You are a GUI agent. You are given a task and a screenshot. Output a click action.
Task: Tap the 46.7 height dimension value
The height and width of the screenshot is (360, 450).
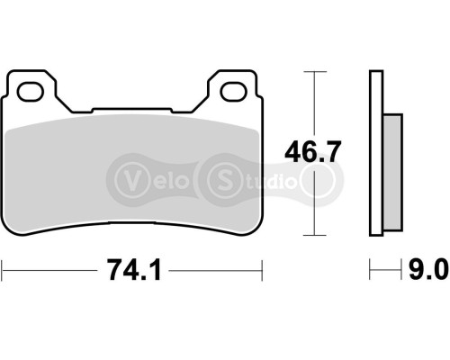click(312, 152)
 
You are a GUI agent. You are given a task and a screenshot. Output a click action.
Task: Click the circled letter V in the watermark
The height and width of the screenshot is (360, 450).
click(132, 175)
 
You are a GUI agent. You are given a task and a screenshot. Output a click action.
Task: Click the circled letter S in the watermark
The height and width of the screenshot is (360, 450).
click(220, 175)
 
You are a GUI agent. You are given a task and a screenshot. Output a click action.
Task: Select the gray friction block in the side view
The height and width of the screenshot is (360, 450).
click(392, 170)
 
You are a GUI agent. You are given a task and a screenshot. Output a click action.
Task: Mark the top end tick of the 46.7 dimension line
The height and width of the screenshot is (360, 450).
click(312, 71)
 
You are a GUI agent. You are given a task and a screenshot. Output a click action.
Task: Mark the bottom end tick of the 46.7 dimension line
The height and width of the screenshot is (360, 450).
click(312, 236)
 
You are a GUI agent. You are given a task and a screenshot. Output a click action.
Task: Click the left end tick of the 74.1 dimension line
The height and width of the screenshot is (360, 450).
click(3, 268)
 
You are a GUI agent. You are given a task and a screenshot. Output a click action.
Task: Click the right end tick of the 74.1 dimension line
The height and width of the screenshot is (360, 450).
click(261, 268)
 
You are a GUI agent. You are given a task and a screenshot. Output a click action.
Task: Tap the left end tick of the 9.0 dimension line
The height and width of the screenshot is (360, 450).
click(370, 268)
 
